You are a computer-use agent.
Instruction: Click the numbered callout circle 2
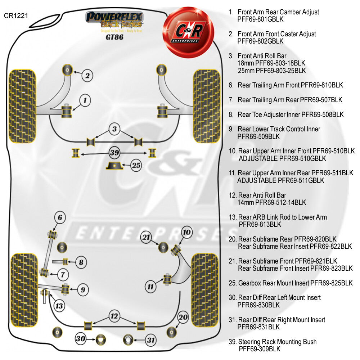[87, 76]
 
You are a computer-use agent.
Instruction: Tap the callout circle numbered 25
[136, 165]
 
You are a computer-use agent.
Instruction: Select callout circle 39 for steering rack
[114, 153]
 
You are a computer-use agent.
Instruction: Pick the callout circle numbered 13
[59, 306]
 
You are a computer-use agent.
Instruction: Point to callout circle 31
[151, 340]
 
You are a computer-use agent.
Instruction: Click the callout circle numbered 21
[146, 237]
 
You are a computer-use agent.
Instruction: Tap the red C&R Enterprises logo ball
[188, 32]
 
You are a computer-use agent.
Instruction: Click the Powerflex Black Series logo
[114, 20]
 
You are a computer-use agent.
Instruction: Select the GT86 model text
[114, 37]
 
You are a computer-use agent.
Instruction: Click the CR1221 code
[16, 15]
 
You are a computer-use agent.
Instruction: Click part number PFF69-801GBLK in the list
[260, 19]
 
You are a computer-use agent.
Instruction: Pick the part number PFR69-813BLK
[260, 224]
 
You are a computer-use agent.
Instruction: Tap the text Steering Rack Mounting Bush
[277, 342]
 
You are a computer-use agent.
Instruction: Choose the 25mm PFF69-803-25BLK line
[272, 71]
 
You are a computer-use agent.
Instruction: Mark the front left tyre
[22, 106]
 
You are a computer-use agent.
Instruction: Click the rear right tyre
[205, 290]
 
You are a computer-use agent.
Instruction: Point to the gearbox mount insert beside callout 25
[114, 166]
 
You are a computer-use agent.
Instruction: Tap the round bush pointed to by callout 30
[100, 339]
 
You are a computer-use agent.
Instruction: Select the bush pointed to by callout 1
[67, 111]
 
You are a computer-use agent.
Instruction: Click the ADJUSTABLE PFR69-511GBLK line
[280, 180]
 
